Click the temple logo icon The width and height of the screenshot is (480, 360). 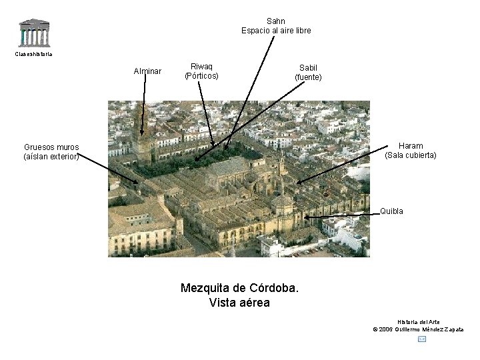tap(33, 33)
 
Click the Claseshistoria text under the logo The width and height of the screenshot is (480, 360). tap(33, 54)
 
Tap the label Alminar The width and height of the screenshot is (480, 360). tap(147, 71)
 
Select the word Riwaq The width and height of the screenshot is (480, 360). tap(201, 67)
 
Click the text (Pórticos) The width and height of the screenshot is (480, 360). tap(201, 76)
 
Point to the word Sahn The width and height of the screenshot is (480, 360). tap(275, 21)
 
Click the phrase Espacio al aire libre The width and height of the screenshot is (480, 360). tap(275, 31)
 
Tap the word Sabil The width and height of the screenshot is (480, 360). tap(308, 67)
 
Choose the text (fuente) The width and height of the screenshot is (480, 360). tap(308, 77)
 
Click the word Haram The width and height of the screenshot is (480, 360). tap(411, 146)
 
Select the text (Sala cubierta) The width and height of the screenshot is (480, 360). tap(411, 155)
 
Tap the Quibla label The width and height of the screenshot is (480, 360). tap(391, 211)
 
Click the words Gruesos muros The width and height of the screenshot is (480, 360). tap(51, 147)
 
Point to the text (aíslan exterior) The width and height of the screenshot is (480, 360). tap(51, 157)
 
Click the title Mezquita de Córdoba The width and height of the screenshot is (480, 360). tap(239, 289)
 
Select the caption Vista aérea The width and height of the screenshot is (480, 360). tap(239, 303)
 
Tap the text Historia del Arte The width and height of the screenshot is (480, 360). tap(418, 322)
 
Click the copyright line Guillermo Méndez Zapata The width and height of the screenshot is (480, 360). tap(418, 329)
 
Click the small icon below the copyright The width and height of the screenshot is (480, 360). tap(421, 339)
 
